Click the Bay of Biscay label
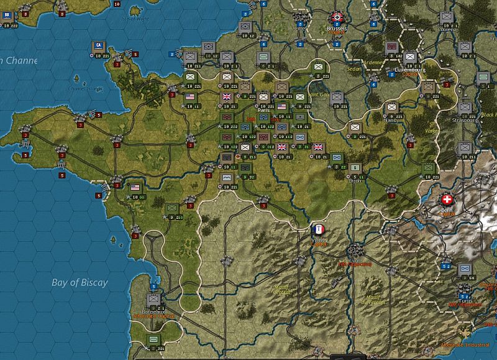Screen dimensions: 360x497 point(80,282)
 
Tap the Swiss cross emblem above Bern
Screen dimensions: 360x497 point(447,200)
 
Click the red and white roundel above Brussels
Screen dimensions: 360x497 point(337,18)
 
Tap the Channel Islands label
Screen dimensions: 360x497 point(86,88)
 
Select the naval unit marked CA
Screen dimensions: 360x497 point(98,46)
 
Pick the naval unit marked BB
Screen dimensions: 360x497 point(7,15)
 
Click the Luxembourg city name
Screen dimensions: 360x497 point(409,70)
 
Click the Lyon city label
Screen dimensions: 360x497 point(354,259)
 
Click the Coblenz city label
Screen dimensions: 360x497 point(447,29)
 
